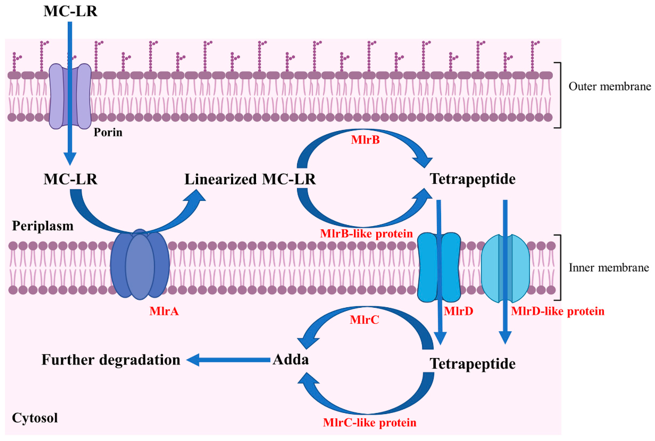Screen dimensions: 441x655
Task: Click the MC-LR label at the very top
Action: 70,12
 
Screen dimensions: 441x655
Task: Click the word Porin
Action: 108,132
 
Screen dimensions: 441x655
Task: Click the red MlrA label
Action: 164,311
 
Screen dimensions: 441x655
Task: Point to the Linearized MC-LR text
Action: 250,179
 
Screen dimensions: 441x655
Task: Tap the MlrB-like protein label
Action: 366,234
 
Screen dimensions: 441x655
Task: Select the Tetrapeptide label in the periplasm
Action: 473,179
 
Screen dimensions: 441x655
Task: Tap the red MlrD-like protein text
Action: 558,311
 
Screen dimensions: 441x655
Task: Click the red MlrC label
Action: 364,320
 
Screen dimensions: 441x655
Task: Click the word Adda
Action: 290,359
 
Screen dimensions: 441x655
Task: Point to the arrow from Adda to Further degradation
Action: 230,360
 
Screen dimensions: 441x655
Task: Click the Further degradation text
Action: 111,360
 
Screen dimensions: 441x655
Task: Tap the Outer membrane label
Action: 609,86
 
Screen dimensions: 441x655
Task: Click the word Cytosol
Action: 35,418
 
